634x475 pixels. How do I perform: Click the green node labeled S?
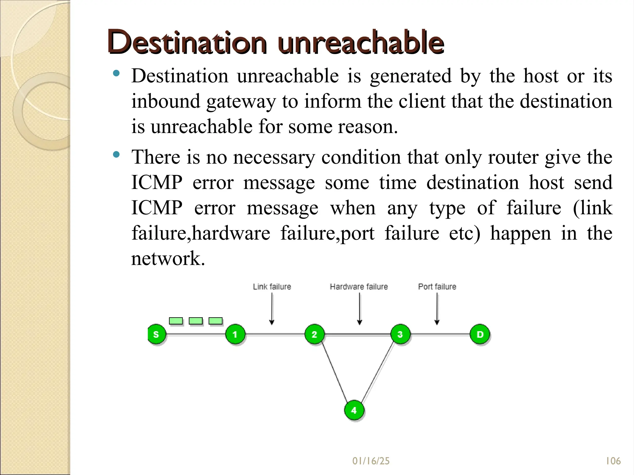point(157,334)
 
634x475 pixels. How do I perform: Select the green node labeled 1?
point(235,334)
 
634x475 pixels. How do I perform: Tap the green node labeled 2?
point(315,334)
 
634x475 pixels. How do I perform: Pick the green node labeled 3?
point(400,334)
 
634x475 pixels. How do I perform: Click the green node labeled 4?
point(354,410)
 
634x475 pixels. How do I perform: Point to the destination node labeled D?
point(480,334)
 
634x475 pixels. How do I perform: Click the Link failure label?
point(272,287)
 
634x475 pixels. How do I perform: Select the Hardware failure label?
point(359,287)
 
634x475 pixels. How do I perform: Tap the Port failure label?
point(437,287)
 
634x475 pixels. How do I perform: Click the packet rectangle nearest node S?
point(176,321)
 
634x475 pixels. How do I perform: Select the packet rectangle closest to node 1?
point(215,321)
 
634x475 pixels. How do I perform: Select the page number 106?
point(613,461)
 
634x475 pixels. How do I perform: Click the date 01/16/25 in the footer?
point(371,461)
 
